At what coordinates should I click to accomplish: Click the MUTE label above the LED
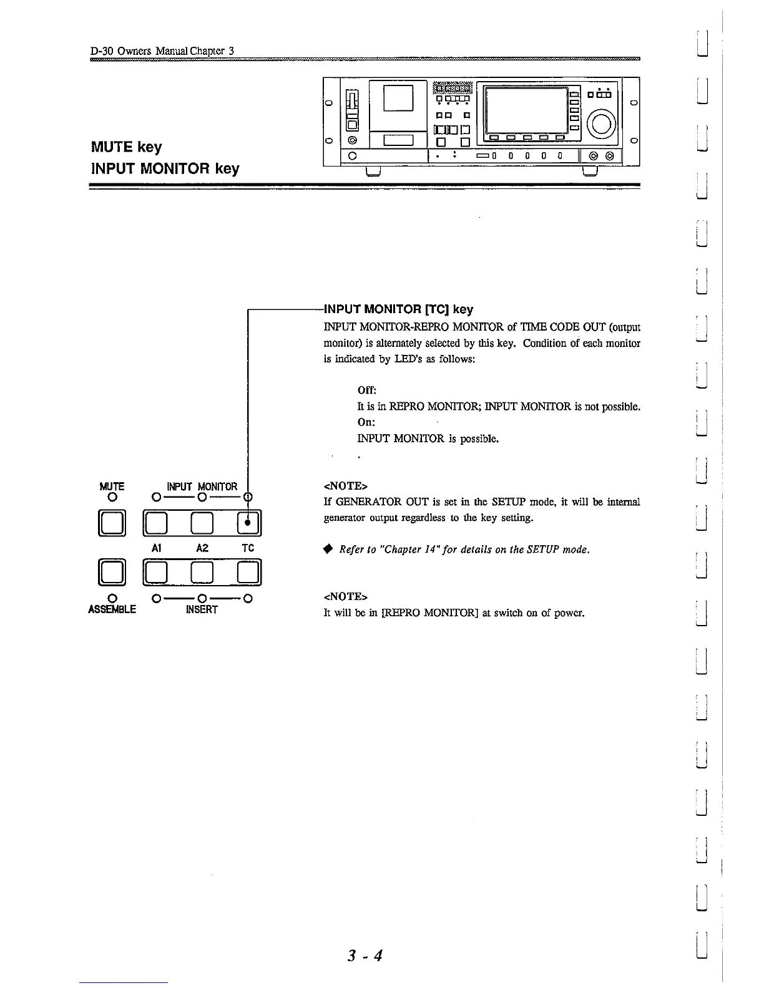pyautogui.click(x=112, y=487)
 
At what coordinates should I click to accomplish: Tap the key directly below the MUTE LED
pyautogui.click(x=112, y=523)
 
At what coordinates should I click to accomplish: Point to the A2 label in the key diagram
pyautogui.click(x=202, y=548)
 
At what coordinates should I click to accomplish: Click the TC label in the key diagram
pyautogui.click(x=248, y=548)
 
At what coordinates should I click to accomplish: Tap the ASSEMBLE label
pyautogui.click(x=112, y=609)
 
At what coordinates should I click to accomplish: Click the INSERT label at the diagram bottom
pyautogui.click(x=202, y=609)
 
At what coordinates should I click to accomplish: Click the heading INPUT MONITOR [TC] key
pyautogui.click(x=398, y=309)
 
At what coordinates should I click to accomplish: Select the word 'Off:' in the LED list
pyautogui.click(x=366, y=390)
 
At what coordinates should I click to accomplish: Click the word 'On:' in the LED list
pyautogui.click(x=366, y=422)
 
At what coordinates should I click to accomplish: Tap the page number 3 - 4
pyautogui.click(x=365, y=956)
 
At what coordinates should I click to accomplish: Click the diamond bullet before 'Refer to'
pyautogui.click(x=327, y=550)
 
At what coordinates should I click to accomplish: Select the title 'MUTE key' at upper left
pyautogui.click(x=127, y=148)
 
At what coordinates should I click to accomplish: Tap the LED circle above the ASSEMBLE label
pyautogui.click(x=112, y=599)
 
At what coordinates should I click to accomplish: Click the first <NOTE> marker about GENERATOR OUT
pyautogui.click(x=345, y=486)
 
